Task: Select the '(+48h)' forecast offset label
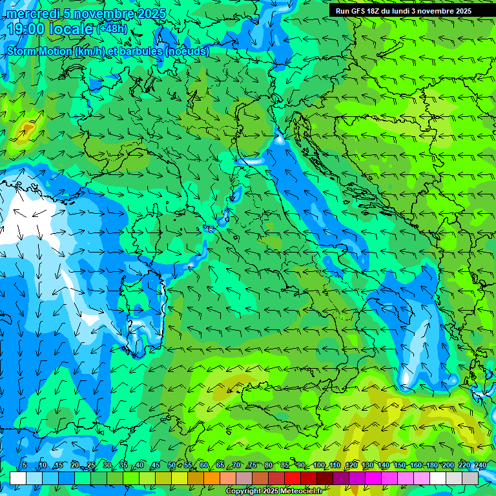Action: (112, 29)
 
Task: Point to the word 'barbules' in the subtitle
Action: (138, 51)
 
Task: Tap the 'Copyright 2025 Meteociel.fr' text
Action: (274, 491)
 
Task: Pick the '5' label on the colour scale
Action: (25, 466)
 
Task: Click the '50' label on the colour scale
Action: (171, 466)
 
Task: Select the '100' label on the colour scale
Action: (319, 466)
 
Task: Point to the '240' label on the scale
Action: (480, 466)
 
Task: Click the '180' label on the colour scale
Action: (431, 466)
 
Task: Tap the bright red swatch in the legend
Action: (293, 478)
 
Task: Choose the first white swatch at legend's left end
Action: (18, 478)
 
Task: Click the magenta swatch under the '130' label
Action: (373, 478)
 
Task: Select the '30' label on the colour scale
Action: (107, 466)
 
